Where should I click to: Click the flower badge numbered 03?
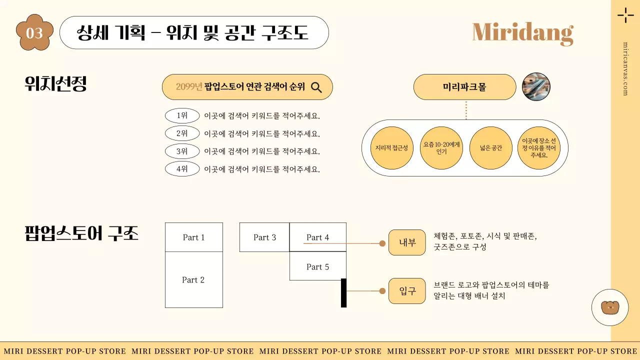click(x=34, y=32)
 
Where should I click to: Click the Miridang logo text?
click(x=522, y=32)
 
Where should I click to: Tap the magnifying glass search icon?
click(x=316, y=87)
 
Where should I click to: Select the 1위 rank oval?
click(x=182, y=116)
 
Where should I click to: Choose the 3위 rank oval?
click(x=182, y=151)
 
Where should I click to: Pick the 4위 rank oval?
click(x=182, y=169)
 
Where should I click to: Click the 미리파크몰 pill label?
click(x=464, y=87)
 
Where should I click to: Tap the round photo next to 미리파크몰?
click(x=536, y=87)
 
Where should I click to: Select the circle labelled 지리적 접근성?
click(x=392, y=148)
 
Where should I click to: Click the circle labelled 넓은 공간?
click(x=491, y=148)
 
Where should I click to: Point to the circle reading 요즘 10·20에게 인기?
click(x=441, y=148)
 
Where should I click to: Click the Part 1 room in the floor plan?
click(x=193, y=237)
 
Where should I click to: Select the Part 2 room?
click(x=193, y=280)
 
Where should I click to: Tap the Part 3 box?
click(x=264, y=237)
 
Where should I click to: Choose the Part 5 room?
click(x=318, y=267)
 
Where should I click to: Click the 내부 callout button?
click(x=407, y=243)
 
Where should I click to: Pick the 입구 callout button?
click(x=407, y=291)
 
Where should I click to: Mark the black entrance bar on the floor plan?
click(x=344, y=292)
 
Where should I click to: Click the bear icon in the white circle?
click(x=609, y=307)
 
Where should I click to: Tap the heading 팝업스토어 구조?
click(x=81, y=234)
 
